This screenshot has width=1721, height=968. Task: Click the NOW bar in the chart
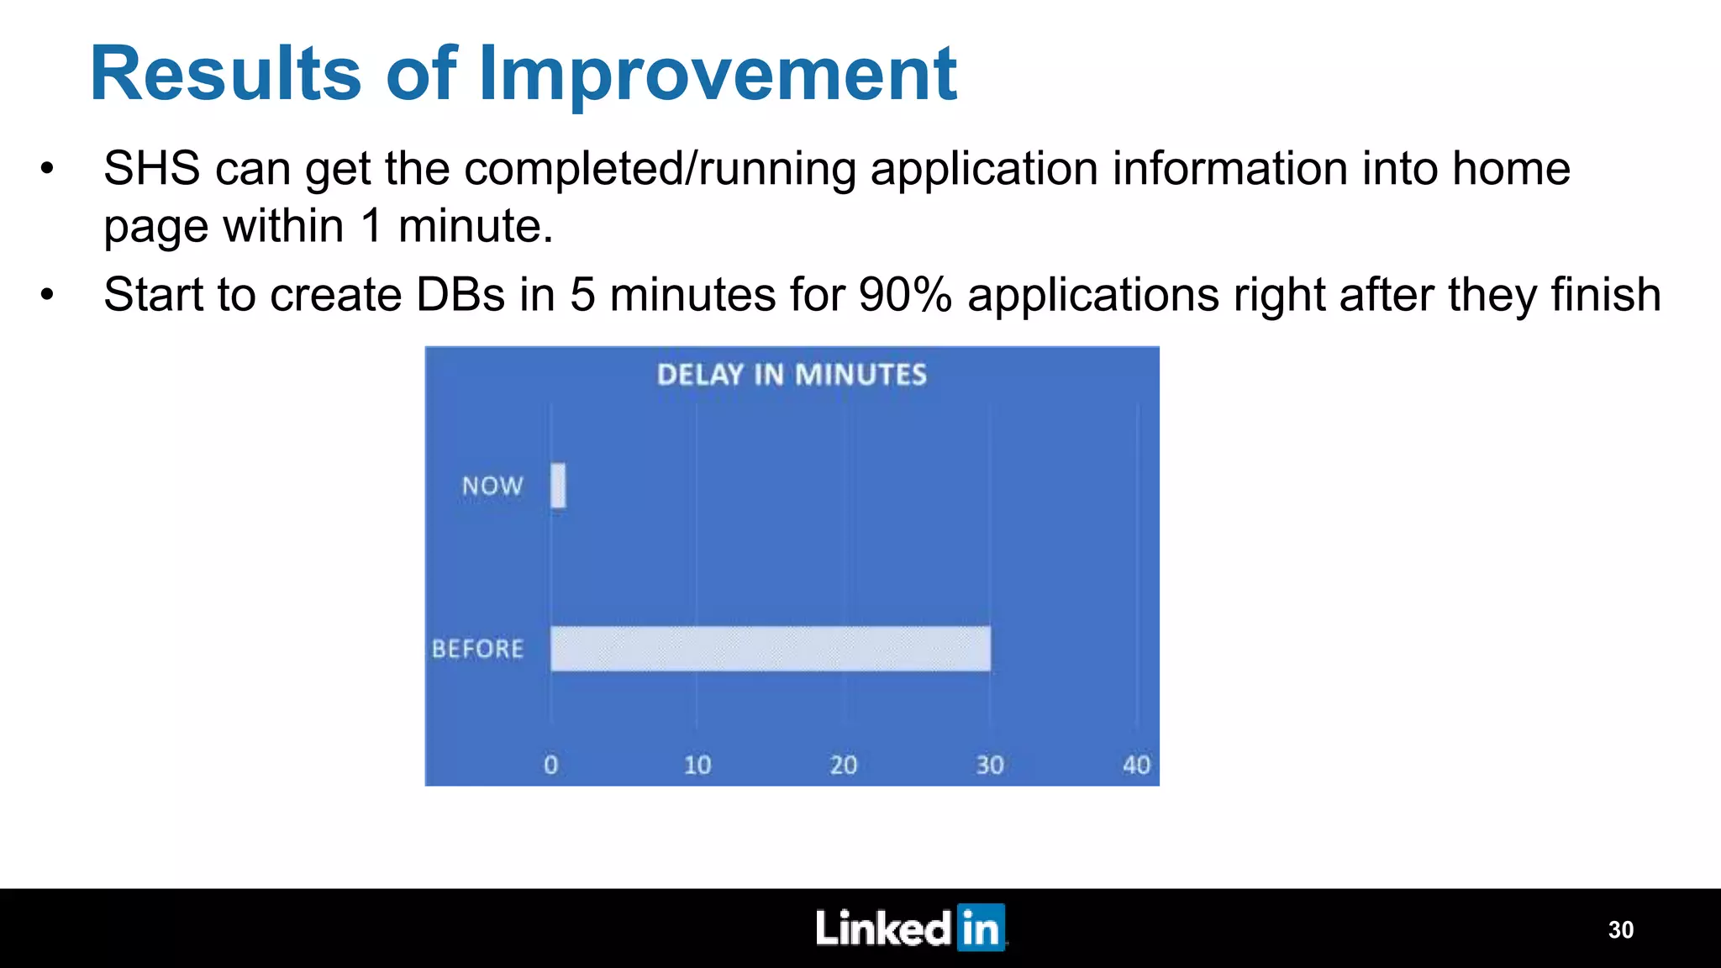click(x=558, y=486)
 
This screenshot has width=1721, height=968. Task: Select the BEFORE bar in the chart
click(x=770, y=649)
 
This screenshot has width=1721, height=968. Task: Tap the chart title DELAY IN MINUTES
click(x=792, y=375)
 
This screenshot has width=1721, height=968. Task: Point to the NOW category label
click(x=492, y=486)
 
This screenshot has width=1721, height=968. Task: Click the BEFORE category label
click(x=477, y=649)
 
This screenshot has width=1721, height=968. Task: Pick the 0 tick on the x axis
click(x=551, y=765)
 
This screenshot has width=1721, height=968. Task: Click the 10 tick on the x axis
click(x=697, y=765)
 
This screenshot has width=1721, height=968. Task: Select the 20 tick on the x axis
click(x=844, y=765)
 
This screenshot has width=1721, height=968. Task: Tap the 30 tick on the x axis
click(x=990, y=765)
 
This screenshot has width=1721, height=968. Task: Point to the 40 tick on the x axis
click(x=1136, y=765)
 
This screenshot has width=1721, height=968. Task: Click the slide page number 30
click(x=1620, y=929)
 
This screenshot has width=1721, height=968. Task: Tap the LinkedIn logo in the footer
click(x=910, y=928)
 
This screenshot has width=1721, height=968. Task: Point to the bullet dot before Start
click(x=47, y=295)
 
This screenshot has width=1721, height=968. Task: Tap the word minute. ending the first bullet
click(x=476, y=226)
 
